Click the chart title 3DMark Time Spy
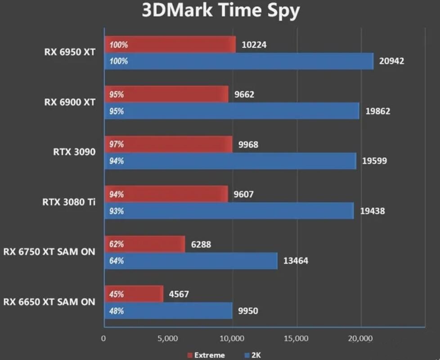(220, 11)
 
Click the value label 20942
(391, 61)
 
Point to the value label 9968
(248, 145)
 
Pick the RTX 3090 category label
(74, 152)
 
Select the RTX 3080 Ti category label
(69, 202)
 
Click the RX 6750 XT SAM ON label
(49, 252)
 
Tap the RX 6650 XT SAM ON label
(49, 302)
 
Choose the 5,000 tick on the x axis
(168, 338)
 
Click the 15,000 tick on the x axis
(296, 338)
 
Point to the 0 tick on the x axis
(104, 338)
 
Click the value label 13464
(296, 261)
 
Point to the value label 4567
(179, 294)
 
